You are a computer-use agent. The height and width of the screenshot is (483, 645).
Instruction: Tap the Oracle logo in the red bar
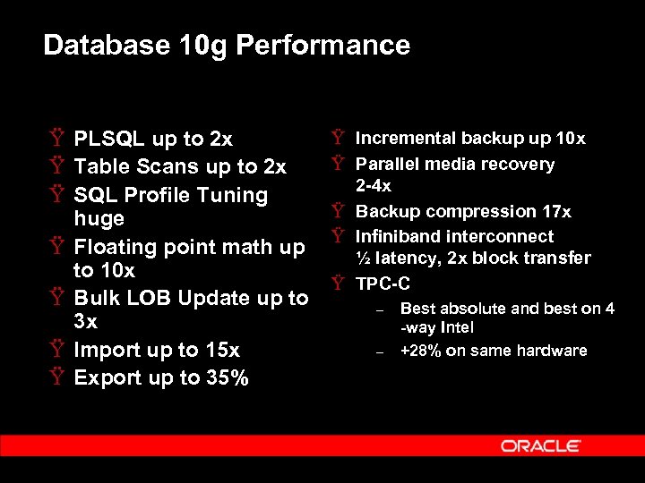[540, 445]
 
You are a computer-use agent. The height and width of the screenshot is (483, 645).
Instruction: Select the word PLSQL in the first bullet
[110, 140]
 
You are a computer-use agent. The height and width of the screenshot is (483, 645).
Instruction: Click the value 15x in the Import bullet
[220, 351]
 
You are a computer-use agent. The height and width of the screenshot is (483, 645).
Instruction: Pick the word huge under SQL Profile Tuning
[99, 219]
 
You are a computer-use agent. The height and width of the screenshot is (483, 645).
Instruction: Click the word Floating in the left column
[115, 247]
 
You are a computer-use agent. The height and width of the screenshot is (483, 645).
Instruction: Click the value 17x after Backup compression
[555, 212]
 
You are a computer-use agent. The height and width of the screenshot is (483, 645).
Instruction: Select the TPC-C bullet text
[383, 284]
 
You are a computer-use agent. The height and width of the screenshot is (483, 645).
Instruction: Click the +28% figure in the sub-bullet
[419, 351]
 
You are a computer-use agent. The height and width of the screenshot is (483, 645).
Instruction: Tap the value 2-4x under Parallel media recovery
[374, 187]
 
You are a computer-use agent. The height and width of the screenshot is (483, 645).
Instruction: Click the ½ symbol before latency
[362, 258]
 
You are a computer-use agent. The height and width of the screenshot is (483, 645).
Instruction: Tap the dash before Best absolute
[380, 310]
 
